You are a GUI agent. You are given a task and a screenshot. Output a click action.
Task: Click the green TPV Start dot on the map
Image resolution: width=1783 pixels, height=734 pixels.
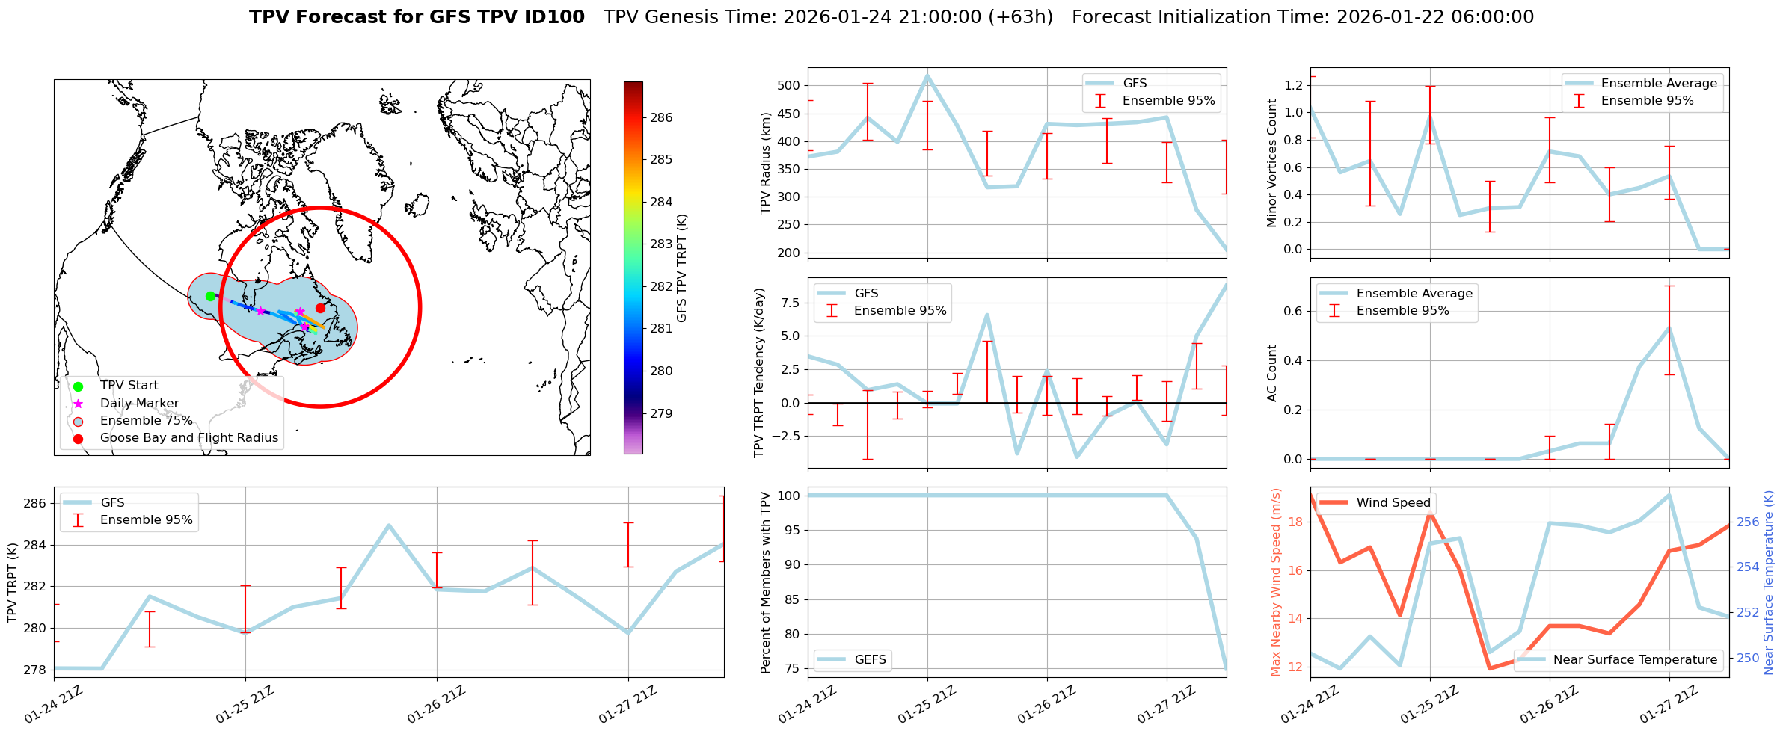(x=210, y=296)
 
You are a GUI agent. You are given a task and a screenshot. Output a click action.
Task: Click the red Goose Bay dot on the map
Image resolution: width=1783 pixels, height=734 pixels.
(x=320, y=308)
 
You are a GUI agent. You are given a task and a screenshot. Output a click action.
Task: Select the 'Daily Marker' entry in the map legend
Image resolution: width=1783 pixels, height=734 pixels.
(x=139, y=404)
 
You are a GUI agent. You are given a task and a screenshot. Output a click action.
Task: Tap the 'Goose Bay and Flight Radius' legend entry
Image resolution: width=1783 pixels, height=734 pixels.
(x=188, y=438)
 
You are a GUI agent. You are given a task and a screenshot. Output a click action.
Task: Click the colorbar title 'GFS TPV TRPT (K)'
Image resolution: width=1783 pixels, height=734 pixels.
(x=681, y=268)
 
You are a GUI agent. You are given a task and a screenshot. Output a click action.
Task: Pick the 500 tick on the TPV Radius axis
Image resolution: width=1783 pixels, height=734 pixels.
(x=789, y=85)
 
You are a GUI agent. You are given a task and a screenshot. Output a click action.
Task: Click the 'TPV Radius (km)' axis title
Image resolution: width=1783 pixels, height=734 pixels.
(x=765, y=163)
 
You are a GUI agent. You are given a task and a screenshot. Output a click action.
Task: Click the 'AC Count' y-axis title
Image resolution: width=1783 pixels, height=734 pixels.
(x=1271, y=373)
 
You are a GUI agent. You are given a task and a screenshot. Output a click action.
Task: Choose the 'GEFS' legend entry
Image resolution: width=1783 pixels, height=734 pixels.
(x=870, y=659)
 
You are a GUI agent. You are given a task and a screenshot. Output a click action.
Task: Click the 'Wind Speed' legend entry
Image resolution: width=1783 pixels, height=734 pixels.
(x=1393, y=502)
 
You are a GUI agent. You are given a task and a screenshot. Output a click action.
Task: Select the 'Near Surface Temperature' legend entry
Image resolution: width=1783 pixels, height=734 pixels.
(x=1635, y=659)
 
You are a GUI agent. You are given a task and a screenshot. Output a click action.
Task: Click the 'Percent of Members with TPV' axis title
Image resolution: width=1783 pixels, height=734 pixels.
(x=765, y=582)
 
